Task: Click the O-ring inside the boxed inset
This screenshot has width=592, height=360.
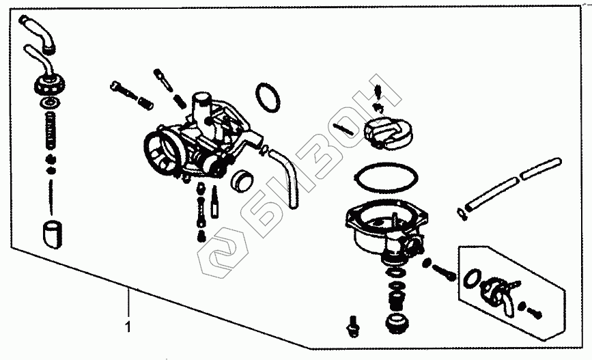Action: (470, 279)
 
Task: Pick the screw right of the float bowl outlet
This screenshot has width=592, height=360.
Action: (445, 272)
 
